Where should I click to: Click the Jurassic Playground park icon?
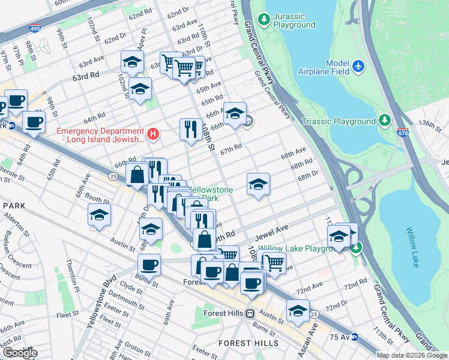264,20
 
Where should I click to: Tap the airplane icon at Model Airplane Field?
358,65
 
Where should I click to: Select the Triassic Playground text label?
347,121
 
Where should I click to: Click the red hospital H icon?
154,133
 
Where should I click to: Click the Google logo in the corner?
20,353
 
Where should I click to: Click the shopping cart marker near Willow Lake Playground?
274,262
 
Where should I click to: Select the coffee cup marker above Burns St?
149,264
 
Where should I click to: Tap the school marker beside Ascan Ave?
298,310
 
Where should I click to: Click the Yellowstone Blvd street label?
100,303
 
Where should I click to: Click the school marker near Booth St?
99,214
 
